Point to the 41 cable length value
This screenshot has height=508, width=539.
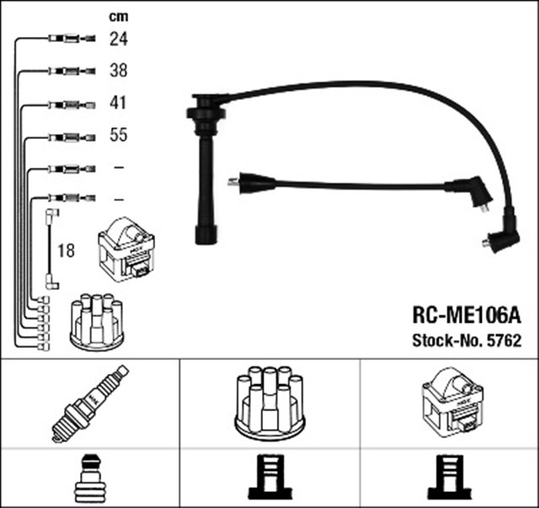(x=118, y=104)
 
